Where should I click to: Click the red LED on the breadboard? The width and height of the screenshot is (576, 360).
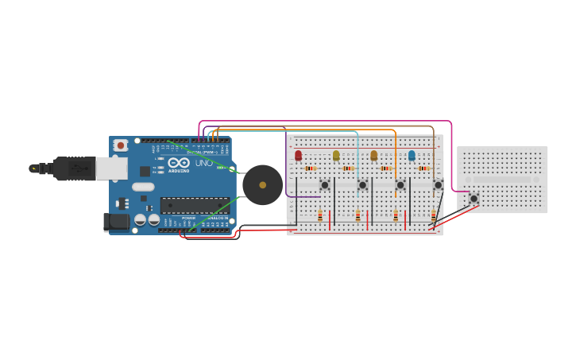(x=298, y=156)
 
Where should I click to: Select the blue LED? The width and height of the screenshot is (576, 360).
(x=412, y=156)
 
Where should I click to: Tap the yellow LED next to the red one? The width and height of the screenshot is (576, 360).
(x=336, y=156)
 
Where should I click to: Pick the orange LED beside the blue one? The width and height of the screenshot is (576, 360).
(x=373, y=156)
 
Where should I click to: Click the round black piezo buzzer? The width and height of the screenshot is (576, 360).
(x=262, y=184)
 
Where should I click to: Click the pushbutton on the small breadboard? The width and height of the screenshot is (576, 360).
(x=474, y=198)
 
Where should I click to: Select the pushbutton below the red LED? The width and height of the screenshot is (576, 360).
(x=324, y=185)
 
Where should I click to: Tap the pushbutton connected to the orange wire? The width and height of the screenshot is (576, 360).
(x=400, y=185)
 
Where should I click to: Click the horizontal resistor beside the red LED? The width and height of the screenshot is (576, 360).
(x=310, y=168)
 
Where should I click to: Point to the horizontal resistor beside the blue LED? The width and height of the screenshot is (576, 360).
(x=423, y=168)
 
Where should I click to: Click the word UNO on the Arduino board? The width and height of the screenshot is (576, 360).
(x=204, y=163)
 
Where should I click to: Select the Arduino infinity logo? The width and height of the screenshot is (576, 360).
(x=178, y=163)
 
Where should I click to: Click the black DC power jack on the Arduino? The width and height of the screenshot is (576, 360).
(x=117, y=223)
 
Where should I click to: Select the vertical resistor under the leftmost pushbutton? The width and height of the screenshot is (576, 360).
(x=320, y=215)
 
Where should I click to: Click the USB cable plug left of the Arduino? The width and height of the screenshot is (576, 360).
(x=75, y=168)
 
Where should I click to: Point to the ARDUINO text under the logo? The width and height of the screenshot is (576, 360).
(x=179, y=171)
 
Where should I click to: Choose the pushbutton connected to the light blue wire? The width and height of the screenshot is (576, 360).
(x=362, y=185)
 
